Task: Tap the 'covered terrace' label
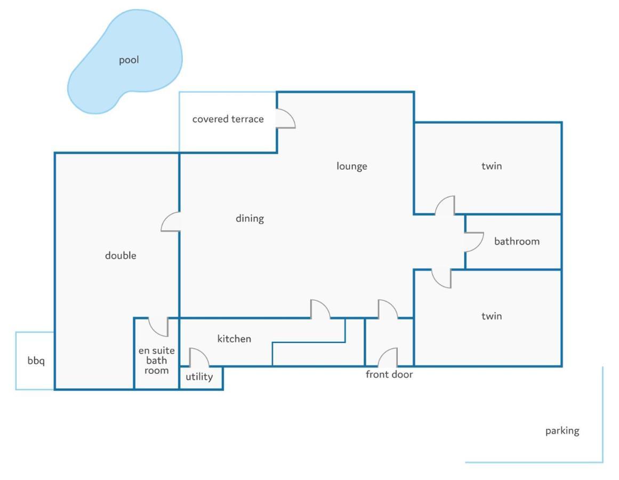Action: click(x=228, y=119)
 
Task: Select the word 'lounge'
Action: click(x=352, y=166)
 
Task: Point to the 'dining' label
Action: click(x=250, y=219)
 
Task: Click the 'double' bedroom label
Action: click(x=120, y=256)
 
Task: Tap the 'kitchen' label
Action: click(x=234, y=339)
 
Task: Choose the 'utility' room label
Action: click(x=199, y=377)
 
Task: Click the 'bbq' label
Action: click(x=36, y=361)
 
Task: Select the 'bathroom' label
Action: click(x=517, y=241)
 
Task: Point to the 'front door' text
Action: click(x=389, y=374)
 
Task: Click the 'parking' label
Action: click(x=562, y=430)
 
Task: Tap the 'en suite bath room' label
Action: click(x=156, y=361)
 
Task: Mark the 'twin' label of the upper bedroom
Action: click(x=492, y=166)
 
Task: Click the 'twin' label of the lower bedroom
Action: click(x=492, y=316)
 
